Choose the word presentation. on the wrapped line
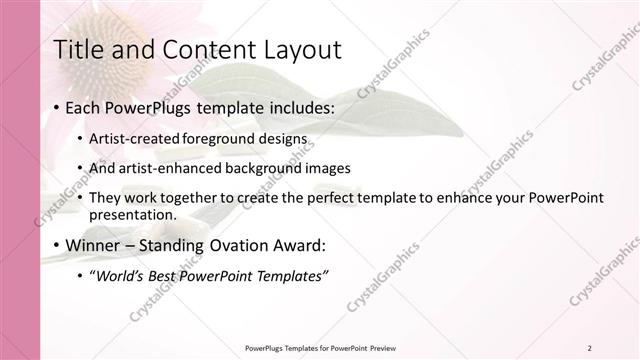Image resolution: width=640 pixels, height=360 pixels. coord(132,214)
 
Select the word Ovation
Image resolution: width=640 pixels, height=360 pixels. coord(243,245)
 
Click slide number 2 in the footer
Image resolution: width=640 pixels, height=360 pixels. coord(589,347)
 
